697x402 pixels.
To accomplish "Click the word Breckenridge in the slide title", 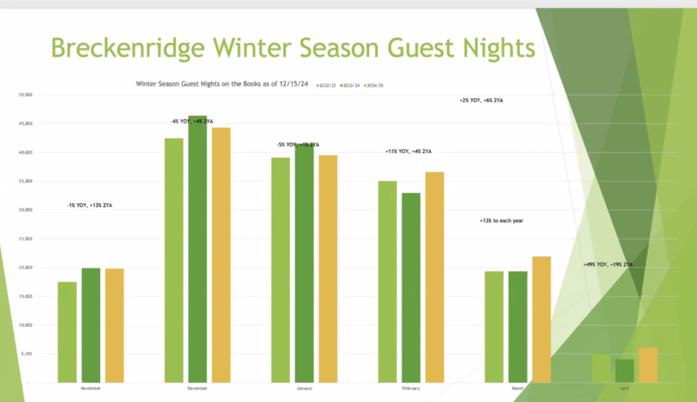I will [127, 49].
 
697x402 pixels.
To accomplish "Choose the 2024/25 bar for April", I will [648, 365].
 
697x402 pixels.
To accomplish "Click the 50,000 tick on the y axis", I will [25, 95].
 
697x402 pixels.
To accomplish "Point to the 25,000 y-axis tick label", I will [25, 238].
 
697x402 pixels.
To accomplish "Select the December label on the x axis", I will [197, 388].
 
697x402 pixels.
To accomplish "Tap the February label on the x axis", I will [410, 388].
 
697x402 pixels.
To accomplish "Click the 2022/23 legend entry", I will [326, 84].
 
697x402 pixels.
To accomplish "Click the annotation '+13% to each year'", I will [501, 221].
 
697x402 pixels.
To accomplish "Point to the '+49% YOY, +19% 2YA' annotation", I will [608, 264].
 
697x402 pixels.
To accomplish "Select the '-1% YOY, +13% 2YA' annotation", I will [89, 205].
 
